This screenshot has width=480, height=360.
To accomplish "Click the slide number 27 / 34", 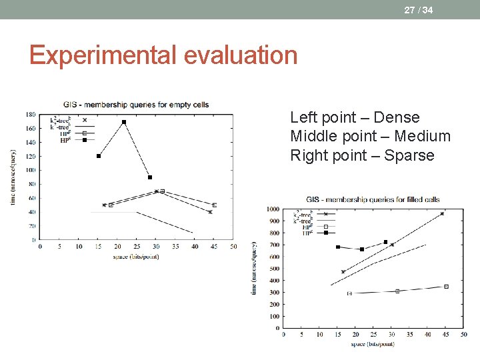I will coord(418,9).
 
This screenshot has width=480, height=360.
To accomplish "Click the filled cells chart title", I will coord(373,199).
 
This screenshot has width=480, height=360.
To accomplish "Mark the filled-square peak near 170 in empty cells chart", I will coord(123,122).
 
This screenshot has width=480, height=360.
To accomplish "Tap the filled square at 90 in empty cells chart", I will coord(150,177).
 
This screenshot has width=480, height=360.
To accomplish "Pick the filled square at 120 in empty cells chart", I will coord(99,156).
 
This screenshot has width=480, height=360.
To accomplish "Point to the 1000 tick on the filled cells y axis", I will coord(273,209).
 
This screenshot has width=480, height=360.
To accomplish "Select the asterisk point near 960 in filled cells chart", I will coord(442,214).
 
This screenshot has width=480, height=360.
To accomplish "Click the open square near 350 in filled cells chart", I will coord(446,287).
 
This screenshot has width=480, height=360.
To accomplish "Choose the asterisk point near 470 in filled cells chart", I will coord(343,272).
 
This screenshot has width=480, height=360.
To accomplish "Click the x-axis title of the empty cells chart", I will coord(136,256).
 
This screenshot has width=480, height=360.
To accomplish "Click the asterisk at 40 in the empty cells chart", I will coord(210,212).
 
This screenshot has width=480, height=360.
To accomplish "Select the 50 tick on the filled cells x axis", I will coord(464,335).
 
